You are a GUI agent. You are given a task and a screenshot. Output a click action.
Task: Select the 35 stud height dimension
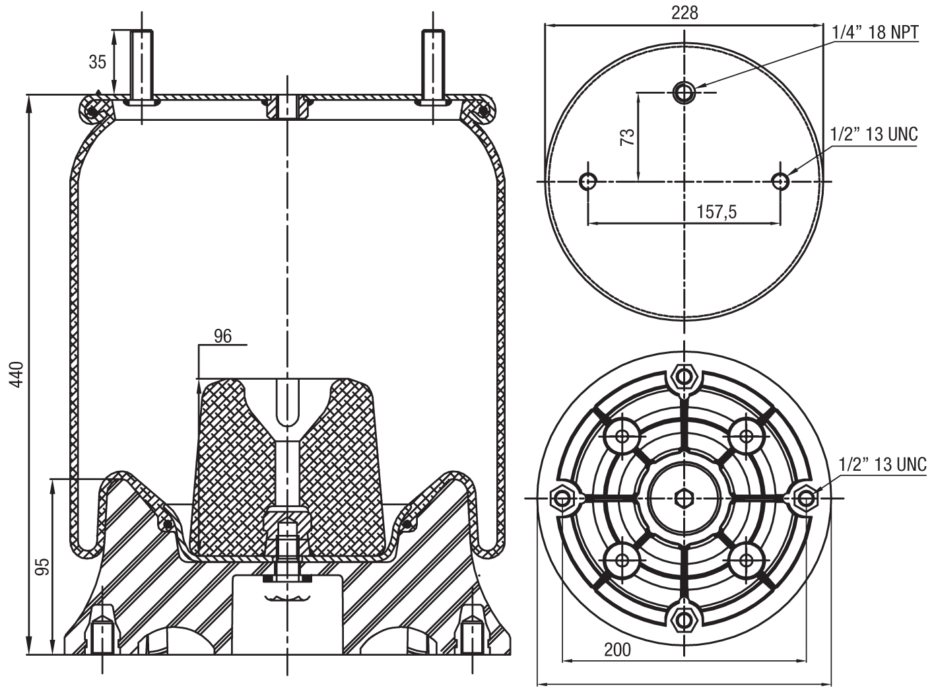coord(98,62)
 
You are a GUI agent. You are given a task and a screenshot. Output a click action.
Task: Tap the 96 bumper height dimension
coord(223,336)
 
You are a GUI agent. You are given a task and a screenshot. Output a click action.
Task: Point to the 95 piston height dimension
coord(42,567)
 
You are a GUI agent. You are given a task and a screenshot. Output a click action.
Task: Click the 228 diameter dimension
coord(684,13)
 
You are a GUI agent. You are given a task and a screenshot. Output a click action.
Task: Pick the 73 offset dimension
coord(628,137)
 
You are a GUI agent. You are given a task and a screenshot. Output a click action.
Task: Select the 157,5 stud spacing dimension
coord(716,212)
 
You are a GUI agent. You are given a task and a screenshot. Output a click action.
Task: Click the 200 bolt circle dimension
coord(617,650)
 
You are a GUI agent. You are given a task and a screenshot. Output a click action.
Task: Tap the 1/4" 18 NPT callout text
coord(875,32)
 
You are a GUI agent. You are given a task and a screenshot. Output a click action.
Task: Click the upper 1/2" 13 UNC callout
coord(873,134)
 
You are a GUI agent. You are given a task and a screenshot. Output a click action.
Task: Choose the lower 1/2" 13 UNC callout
coord(882,464)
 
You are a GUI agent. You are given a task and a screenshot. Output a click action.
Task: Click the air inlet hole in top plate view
coord(684,92)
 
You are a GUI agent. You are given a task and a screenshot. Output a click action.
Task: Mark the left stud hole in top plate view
coord(587,180)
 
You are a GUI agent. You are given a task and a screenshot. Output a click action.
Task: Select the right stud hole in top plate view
coord(781,180)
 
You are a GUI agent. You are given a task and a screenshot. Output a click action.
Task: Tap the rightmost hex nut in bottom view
coord(806,497)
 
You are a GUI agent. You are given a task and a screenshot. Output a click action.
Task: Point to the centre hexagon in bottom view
coord(684,497)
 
